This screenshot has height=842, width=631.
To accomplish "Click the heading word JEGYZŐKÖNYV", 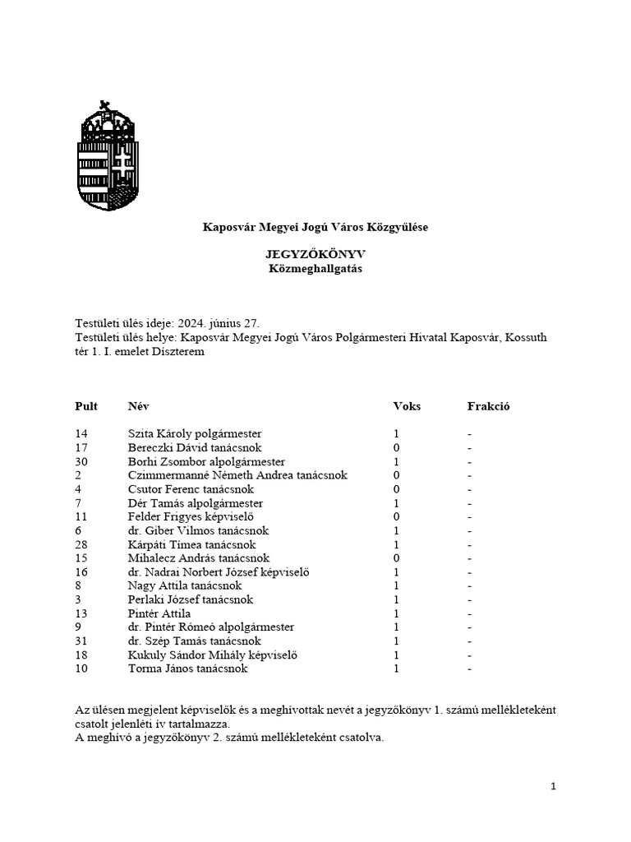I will [x=315, y=255].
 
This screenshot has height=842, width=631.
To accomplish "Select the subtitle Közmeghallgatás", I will [x=315, y=269].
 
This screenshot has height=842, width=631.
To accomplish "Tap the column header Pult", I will [x=86, y=406].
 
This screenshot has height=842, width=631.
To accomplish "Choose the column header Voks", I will [x=407, y=406].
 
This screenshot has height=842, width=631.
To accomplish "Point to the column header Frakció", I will [x=488, y=406].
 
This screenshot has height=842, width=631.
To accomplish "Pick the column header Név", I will [x=139, y=406].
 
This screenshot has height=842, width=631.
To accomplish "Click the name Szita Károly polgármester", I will [x=195, y=433].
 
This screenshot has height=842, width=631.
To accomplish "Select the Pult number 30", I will [x=81, y=462].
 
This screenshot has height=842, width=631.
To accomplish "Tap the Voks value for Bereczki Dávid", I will [x=396, y=448].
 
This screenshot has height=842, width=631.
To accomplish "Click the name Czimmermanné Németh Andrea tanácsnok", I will [x=237, y=475].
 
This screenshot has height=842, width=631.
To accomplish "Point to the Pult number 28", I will [x=81, y=544].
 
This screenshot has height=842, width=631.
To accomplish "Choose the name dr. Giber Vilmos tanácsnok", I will [x=198, y=531].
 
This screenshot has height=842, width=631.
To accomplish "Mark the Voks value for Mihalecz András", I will [x=396, y=558].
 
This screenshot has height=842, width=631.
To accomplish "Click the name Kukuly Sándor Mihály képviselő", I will [x=212, y=655].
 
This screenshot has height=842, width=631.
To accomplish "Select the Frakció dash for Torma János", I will [x=470, y=669].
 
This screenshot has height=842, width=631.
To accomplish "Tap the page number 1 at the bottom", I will [x=553, y=787].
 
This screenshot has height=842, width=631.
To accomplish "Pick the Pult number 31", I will [x=81, y=641].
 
